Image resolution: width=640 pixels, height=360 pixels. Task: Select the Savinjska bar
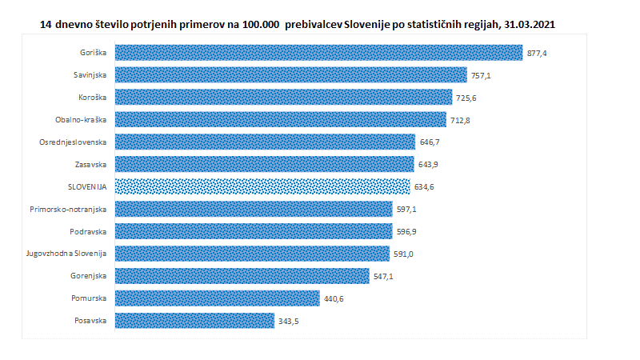click(290, 75)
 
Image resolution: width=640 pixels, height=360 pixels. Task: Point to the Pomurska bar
click(217, 298)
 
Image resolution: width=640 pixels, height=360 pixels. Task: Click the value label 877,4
click(538, 53)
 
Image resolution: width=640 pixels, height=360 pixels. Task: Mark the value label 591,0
click(403, 254)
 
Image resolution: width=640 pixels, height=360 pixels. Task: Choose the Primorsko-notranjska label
click(72, 209)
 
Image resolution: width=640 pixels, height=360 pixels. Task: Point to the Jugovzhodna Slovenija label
click(66, 254)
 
